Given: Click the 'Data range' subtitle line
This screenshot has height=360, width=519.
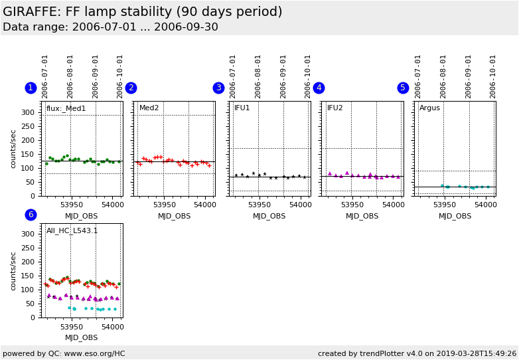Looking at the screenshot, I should point(110,27).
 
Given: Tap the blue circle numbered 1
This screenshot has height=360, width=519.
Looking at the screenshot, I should point(31,88).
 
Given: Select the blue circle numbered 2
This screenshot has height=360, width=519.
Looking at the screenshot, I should point(131,88).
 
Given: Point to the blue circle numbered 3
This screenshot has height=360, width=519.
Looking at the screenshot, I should point(218,88).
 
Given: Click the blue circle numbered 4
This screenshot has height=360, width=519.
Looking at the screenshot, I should point(319,88).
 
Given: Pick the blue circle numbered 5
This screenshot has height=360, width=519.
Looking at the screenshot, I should point(403,88).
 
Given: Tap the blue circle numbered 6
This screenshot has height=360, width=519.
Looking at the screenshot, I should point(31,215).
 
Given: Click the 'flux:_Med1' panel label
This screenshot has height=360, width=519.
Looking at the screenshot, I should point(66,108).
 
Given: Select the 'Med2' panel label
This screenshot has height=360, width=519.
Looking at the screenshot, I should point(149,108).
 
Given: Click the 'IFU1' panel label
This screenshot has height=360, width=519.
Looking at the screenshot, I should point(242,108).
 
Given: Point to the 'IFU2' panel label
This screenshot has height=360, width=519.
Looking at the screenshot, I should point(335,108).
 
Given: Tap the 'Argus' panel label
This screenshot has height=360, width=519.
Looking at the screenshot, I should point(429,108).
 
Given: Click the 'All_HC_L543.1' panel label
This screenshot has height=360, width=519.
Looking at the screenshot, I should point(72,231).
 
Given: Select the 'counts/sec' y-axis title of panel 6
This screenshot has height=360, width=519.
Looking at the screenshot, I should point(13,270).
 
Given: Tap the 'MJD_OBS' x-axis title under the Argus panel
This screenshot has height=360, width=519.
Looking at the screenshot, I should point(455,216).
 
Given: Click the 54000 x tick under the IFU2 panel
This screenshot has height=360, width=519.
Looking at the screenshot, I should point(393,205).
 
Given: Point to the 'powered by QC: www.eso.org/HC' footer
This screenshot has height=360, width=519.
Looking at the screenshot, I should point(64,353).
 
